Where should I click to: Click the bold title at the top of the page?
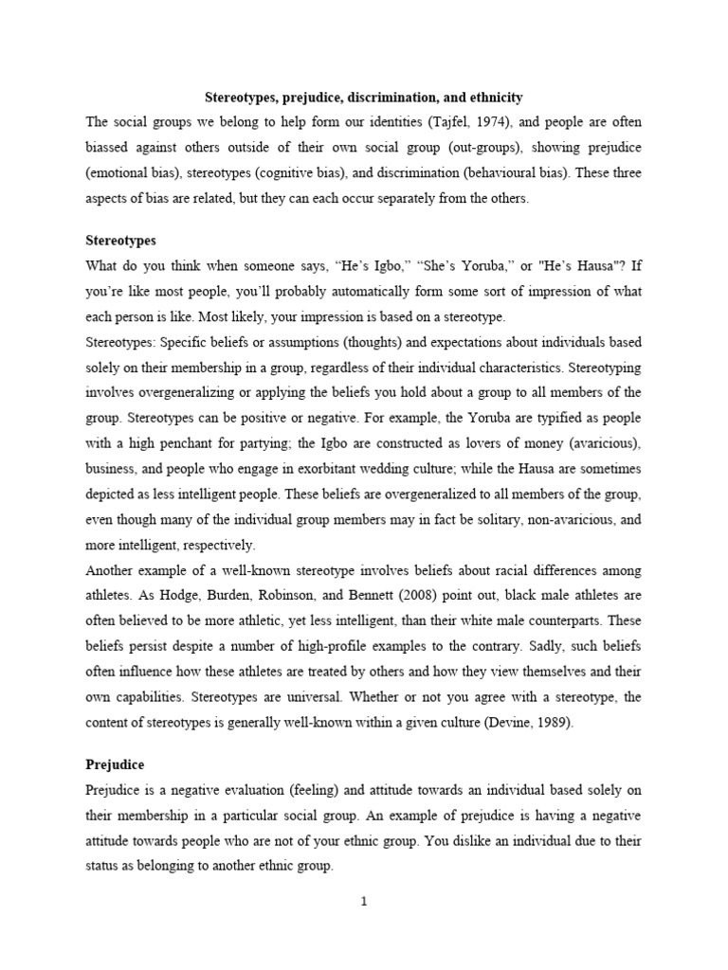[365, 98]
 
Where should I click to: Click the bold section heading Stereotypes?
[120, 241]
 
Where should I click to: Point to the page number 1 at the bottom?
[364, 901]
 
